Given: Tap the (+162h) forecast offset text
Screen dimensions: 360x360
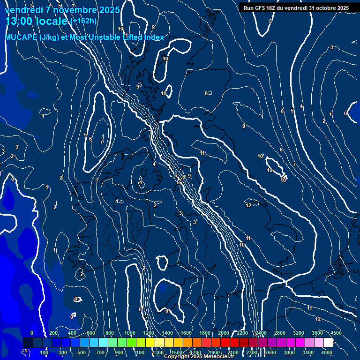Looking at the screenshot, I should pos(83,21).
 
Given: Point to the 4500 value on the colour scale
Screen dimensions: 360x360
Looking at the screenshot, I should pos(336,333).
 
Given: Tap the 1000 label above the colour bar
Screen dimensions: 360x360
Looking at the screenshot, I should pos(129,333).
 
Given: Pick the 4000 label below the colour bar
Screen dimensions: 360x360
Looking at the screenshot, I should pos(327,352).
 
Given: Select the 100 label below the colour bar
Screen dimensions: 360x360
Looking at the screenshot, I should pos(44,352).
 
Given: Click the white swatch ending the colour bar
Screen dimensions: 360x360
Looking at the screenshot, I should pos(328,342).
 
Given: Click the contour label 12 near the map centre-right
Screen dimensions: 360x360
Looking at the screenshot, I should pos(248,205).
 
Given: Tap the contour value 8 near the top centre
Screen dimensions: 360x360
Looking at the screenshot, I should pos(206,93).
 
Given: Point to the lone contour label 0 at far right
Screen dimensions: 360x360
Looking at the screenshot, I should pos(345,113).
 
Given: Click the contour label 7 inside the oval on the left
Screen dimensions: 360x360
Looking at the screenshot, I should pos(102,141).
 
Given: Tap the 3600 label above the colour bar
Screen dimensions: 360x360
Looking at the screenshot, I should pos(317,333).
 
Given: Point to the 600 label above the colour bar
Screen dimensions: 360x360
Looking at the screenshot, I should pos(90,333).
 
